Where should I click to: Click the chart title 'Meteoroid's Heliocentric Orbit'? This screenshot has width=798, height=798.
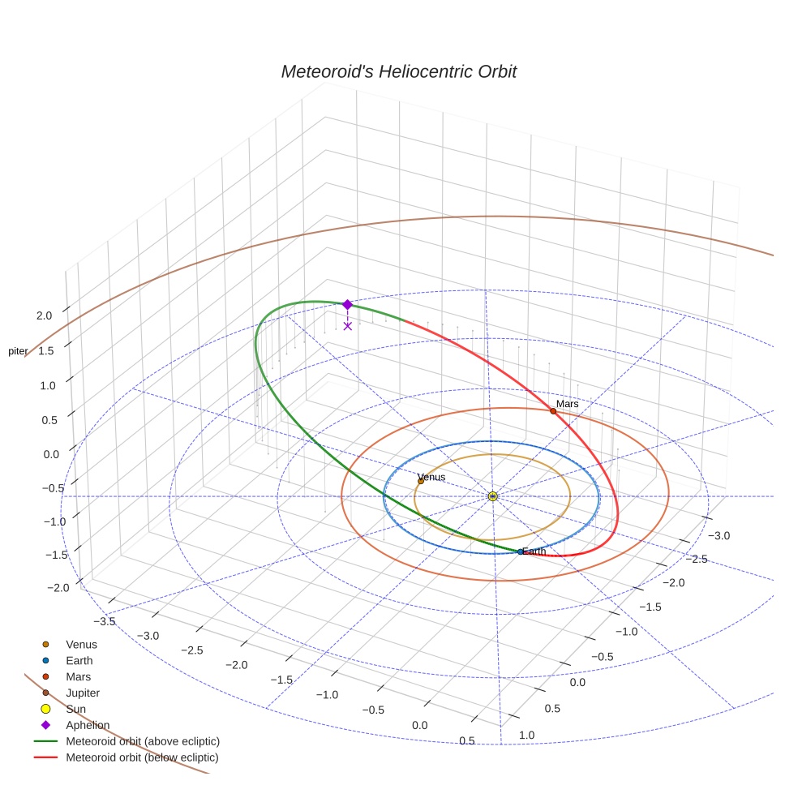coord(398,72)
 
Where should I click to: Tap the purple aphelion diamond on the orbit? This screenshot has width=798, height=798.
coord(347,305)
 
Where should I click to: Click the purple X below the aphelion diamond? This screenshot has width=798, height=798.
coord(347,326)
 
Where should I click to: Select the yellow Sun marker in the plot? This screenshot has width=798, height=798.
coord(492,496)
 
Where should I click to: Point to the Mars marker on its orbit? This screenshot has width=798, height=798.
coord(553,411)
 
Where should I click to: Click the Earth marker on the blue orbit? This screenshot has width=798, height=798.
coord(520,552)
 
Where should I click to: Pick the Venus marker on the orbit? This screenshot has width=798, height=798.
coord(420,482)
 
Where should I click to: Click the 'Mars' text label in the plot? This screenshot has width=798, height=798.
coord(566,404)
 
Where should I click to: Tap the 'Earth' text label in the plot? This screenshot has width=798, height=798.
coord(534,551)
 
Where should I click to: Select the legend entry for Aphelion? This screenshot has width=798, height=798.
coord(87,725)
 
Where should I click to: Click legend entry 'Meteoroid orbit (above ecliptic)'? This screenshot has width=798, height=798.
coord(143,741)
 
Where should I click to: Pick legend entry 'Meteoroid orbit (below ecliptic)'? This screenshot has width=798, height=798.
coord(142,757)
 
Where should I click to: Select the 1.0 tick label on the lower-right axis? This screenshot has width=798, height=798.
coord(526,735)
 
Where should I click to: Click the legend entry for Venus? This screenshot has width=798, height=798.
coord(81,644)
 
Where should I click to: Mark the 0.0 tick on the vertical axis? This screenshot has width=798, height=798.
coord(50,454)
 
